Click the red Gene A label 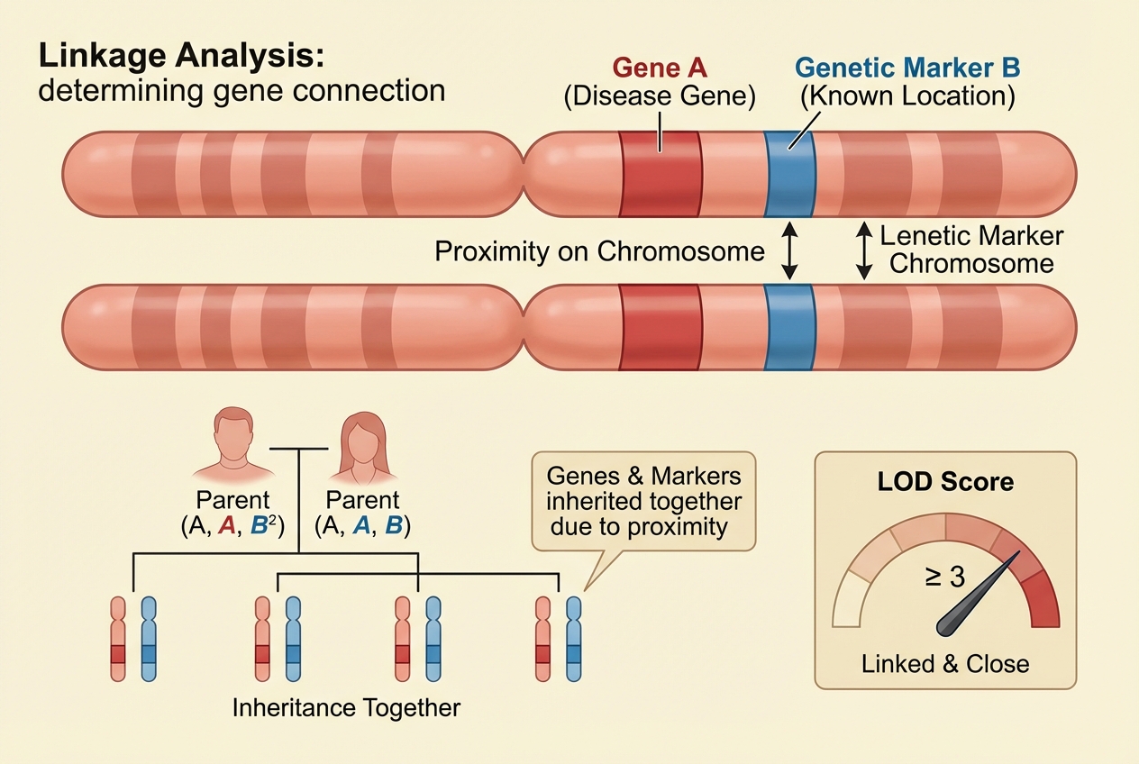click(660, 68)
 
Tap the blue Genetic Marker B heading click(907, 68)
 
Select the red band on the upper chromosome click(660, 173)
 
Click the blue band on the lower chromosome click(788, 326)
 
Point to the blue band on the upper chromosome click(788, 173)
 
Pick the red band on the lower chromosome click(660, 326)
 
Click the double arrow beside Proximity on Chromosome click(788, 250)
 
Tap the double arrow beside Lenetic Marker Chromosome click(864, 250)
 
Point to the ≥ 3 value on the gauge click(944, 576)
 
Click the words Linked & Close click(945, 665)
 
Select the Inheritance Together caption click(346, 707)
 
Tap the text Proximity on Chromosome click(599, 251)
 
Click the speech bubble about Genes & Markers click(643, 501)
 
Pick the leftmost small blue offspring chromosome click(149, 638)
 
